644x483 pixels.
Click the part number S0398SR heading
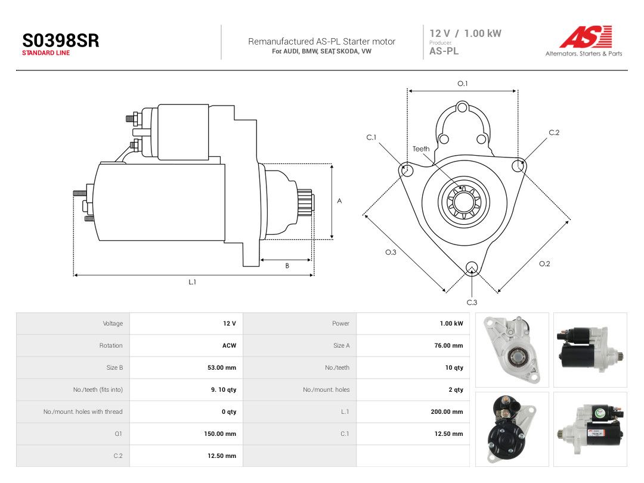click(x=61, y=41)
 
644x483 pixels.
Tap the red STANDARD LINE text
click(x=46, y=53)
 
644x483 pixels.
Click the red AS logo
click(x=586, y=37)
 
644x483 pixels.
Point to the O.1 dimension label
click(x=463, y=83)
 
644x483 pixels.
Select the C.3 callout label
click(x=472, y=302)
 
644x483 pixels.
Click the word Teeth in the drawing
click(x=421, y=148)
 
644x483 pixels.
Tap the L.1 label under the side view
click(x=192, y=281)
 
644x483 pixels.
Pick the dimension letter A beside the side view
click(x=339, y=201)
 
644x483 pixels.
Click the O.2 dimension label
click(x=544, y=264)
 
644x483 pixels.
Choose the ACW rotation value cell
click(x=229, y=345)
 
